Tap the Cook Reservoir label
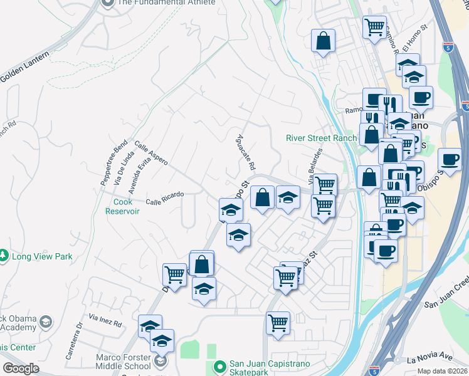(126, 206)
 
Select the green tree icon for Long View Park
(4, 256)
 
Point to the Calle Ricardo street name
(164, 198)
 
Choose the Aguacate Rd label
(246, 153)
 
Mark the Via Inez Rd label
(105, 320)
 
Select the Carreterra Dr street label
(73, 338)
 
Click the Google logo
(21, 368)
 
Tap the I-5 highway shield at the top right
(448, 46)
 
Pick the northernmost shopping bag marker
(324, 41)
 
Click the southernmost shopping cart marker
(278, 323)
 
